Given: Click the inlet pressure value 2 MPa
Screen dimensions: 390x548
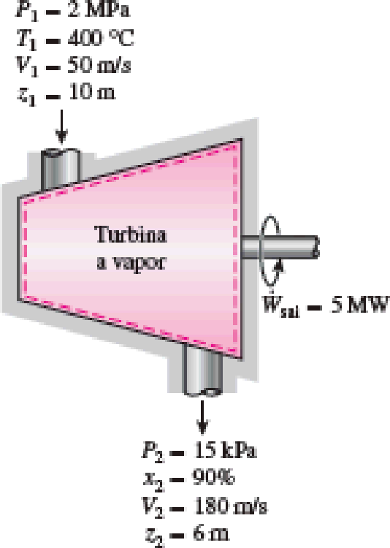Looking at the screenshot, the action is pos(98,9).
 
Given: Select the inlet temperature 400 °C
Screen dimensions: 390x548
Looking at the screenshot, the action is pos(100,37).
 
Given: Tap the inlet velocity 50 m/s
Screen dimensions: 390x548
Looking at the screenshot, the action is pos(99,64).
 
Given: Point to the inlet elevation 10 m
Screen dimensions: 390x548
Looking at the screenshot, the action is pos(91,91).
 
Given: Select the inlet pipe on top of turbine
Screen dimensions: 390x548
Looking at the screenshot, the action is pos(61,169).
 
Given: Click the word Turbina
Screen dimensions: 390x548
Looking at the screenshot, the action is pos(130,234).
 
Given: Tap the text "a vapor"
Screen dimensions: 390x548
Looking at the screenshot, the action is pos(131,262).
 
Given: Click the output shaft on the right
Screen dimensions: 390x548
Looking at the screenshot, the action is pos(280,247).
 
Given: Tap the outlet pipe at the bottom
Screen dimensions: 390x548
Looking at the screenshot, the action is pos(202,370).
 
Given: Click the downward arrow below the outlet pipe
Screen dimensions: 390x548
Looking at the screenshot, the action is pos(202,417).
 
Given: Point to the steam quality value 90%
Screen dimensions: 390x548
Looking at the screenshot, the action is pos(214,478).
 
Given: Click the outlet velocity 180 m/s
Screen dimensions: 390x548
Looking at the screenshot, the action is pos(231,506).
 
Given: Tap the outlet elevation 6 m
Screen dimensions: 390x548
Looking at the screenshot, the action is pos(211,533).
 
